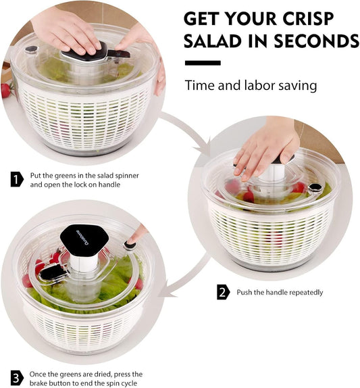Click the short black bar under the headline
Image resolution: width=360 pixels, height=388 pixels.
[203, 63]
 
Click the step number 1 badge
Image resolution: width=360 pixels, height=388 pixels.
[17, 179]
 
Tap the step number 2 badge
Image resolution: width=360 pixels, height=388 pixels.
[223, 293]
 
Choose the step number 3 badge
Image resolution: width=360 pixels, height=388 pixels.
[17, 377]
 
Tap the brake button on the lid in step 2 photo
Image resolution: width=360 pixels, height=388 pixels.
[314, 187]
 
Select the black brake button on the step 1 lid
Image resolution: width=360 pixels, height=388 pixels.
[30, 49]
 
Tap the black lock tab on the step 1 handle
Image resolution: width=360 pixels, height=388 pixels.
[122, 53]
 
